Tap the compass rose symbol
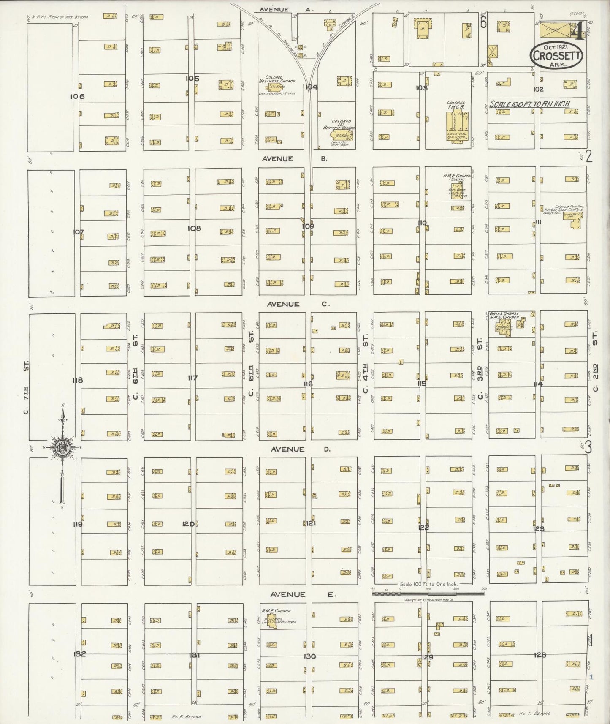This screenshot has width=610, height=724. (x=62, y=448)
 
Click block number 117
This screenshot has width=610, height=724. (x=192, y=378)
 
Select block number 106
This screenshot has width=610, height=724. (x=77, y=96)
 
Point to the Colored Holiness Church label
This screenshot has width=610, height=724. (x=271, y=80)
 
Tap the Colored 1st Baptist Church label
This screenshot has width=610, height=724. (x=344, y=124)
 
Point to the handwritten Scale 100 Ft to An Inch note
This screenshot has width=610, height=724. (x=530, y=104)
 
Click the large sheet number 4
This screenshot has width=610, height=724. (x=577, y=30)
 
